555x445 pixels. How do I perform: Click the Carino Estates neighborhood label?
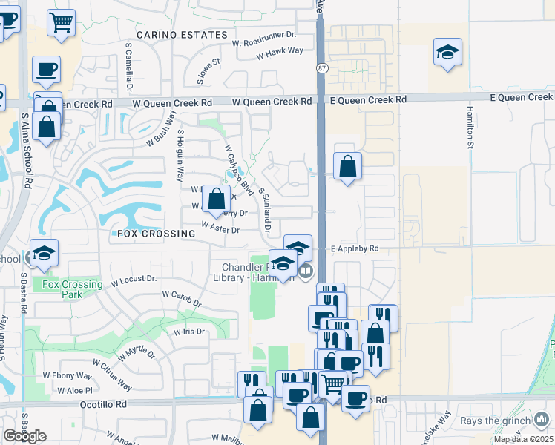pos(182,35)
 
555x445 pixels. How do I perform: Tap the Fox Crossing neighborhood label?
pos(156,233)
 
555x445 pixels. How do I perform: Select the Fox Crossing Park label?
pos(73,289)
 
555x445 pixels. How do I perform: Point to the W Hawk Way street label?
pos(280,51)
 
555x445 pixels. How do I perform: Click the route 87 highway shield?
pos(321,68)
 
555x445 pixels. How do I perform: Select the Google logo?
pos(24,436)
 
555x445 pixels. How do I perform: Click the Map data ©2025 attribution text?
pos(523,439)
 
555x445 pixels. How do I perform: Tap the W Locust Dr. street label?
pos(134,280)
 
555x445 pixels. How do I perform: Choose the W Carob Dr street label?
pos(182,298)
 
